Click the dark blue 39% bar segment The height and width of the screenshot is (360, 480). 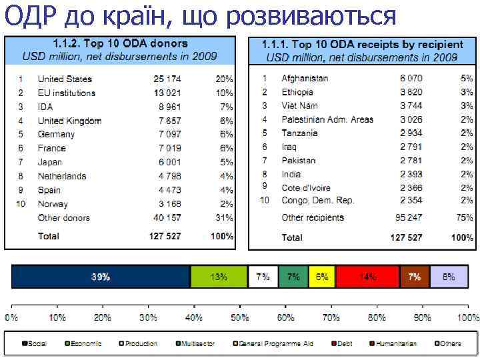101,277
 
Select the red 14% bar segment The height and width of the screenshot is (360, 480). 367,277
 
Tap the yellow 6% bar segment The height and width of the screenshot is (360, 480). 322,277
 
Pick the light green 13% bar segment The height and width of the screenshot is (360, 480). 219,277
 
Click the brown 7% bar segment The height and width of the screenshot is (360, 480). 415,277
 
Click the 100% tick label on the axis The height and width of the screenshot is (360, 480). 466,318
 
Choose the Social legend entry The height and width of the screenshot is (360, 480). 34,344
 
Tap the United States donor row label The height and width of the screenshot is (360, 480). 65,79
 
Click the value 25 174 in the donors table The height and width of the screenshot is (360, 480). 167,79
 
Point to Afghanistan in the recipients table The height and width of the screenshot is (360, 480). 305,79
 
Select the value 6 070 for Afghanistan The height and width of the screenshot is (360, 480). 411,79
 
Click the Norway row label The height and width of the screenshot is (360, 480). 53,204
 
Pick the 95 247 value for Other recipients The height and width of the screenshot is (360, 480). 409,218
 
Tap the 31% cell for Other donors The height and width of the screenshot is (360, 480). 224,218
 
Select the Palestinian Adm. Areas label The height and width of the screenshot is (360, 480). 327,120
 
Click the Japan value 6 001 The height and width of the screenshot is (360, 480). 169,162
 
